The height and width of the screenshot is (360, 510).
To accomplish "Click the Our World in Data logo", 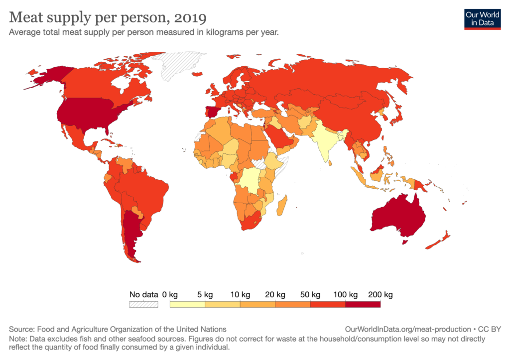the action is click(482, 19).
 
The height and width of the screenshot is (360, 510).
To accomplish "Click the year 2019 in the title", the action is click(190, 18).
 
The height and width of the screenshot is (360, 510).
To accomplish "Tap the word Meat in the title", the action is click(26, 17).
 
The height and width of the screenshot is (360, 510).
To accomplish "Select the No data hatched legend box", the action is click(143, 304).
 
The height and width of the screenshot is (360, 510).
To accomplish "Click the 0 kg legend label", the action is click(170, 295).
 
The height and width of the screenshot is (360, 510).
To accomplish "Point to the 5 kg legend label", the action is click(205, 295).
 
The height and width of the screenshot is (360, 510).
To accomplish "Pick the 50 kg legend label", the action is click(310, 295).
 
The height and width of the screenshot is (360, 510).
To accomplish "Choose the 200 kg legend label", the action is click(381, 295).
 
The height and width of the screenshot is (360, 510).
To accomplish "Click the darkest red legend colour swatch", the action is click(363, 304).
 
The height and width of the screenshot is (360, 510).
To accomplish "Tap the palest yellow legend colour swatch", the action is click(187, 304).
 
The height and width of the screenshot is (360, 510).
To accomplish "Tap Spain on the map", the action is click(211, 112).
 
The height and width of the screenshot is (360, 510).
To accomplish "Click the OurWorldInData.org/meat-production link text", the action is click(408, 329).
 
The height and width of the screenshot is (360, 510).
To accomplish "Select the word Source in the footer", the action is click(21, 329).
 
